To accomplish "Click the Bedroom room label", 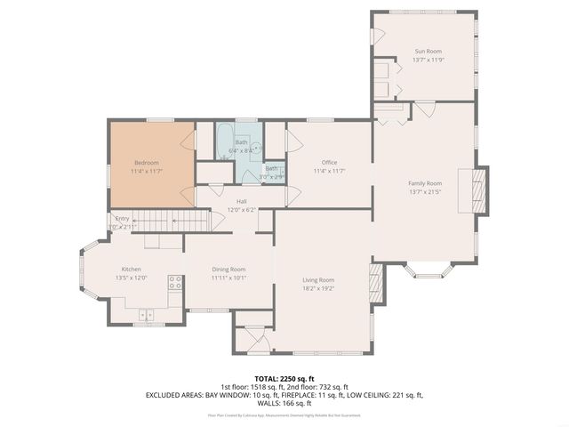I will (x=147, y=163).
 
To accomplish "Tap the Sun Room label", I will (x=427, y=52).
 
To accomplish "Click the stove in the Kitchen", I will (x=176, y=284).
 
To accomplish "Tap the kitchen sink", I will (x=146, y=313).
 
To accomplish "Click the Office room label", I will (x=329, y=162).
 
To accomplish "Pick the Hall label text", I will (x=241, y=201).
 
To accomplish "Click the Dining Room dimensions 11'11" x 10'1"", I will (x=228, y=278).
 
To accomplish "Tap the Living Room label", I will (x=318, y=280).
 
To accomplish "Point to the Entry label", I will (x=122, y=219).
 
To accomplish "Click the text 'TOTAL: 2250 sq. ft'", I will (x=284, y=377).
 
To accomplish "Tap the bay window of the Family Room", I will (x=427, y=269).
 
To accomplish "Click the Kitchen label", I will (x=131, y=269).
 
